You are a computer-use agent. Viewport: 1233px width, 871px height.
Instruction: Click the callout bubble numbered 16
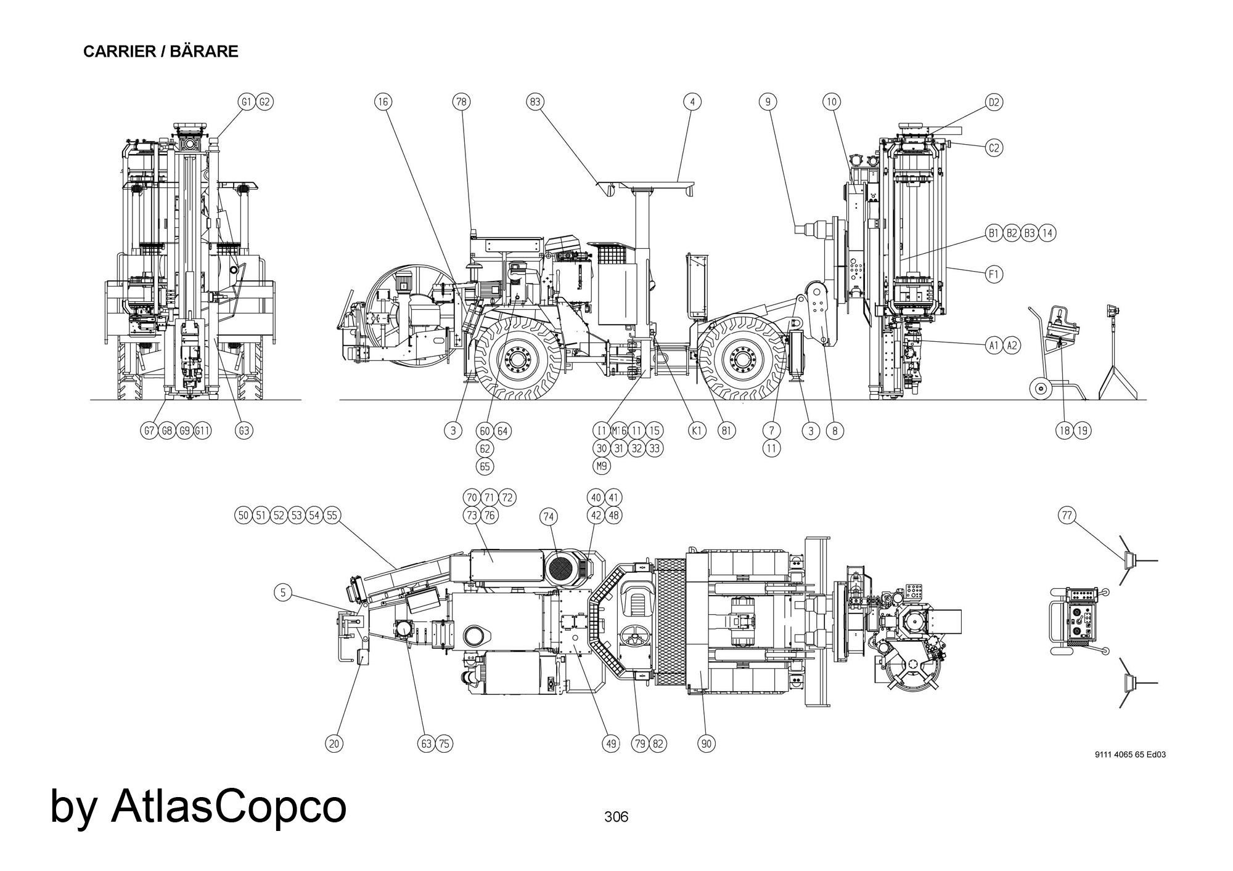click(x=383, y=102)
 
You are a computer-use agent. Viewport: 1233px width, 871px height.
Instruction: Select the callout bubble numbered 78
click(x=461, y=102)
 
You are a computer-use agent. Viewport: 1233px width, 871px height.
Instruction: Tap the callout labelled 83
click(x=535, y=102)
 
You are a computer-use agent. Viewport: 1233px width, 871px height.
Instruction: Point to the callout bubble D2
click(x=994, y=102)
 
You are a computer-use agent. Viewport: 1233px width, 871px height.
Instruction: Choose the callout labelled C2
click(x=994, y=148)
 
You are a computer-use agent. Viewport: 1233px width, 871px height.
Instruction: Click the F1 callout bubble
click(x=994, y=274)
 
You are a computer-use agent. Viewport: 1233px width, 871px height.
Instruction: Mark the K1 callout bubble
click(x=697, y=431)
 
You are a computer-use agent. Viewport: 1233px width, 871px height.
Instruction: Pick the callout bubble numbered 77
click(x=1068, y=516)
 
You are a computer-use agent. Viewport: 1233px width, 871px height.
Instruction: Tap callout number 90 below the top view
click(x=707, y=744)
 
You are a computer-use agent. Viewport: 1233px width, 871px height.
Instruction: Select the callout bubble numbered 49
click(x=610, y=744)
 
